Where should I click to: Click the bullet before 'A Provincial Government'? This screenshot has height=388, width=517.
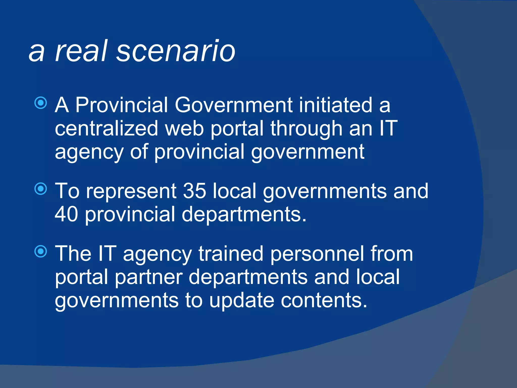pyautogui.click(x=41, y=103)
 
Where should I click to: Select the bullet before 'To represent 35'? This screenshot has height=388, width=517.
pyautogui.click(x=41, y=189)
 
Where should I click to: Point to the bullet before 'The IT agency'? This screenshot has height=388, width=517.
pyautogui.click(x=41, y=251)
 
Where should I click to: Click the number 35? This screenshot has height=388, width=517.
pyautogui.click(x=194, y=191)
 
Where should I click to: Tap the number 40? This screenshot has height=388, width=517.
pyautogui.click(x=66, y=214)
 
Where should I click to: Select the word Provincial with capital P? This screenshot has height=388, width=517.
pyautogui.click(x=121, y=105)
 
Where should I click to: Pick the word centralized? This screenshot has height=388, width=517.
pyautogui.click(x=106, y=128)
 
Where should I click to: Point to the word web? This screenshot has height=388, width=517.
pyautogui.click(x=184, y=128)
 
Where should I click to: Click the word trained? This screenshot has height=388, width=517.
pyautogui.click(x=231, y=254)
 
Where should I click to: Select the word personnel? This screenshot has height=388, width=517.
pyautogui.click(x=317, y=254)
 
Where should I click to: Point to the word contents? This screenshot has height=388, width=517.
pyautogui.click(x=324, y=301)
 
